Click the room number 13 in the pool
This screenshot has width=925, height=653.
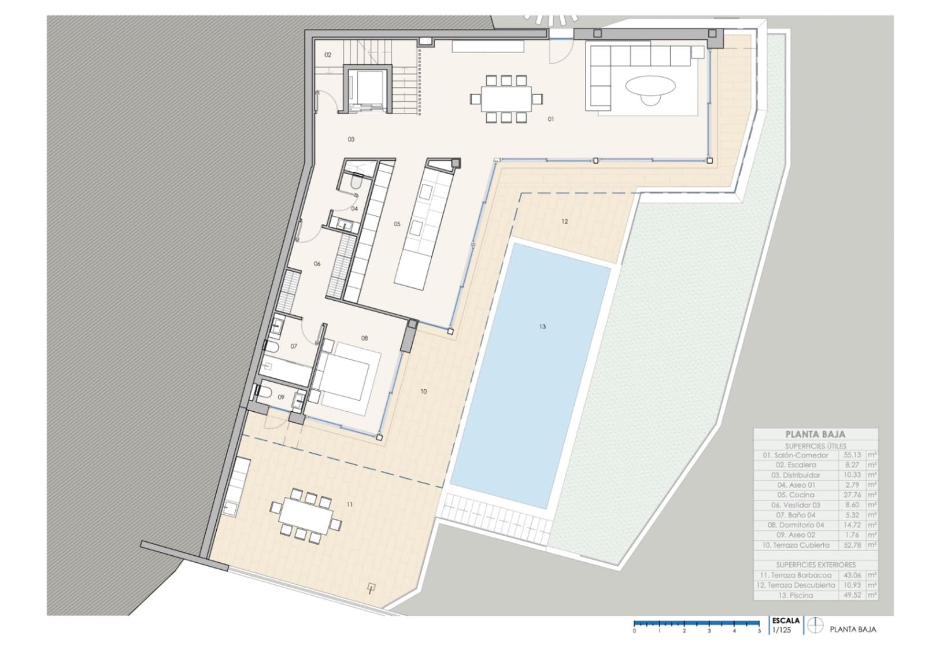tap(542, 327)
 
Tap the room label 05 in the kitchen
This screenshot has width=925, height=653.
tap(397, 224)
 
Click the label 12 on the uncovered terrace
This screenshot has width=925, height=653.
tap(564, 222)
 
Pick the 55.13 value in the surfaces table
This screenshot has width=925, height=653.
tap(853, 455)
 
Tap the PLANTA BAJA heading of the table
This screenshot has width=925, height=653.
tap(815, 434)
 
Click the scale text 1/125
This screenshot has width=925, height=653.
tap(781, 630)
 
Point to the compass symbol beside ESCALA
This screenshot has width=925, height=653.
tap(815, 625)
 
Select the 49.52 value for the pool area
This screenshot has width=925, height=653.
tap(853, 595)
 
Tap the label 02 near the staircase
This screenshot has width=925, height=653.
tap(328, 55)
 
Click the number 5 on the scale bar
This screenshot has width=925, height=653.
tap(759, 631)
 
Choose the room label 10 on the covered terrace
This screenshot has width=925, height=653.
tap(423, 392)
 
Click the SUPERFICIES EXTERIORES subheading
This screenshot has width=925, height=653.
tap(815, 565)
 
